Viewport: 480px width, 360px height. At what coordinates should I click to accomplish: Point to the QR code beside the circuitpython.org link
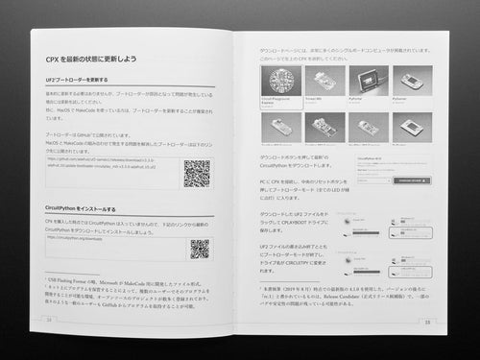[x=199, y=249]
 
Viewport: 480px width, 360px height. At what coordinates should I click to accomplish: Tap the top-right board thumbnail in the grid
[x=411, y=81]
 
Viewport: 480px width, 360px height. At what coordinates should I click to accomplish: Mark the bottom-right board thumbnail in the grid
[x=411, y=126]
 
